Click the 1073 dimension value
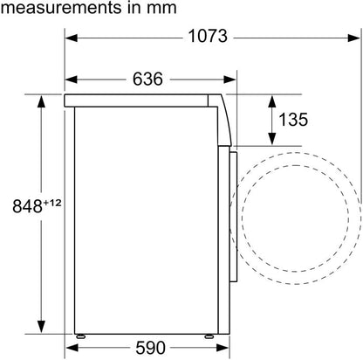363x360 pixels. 208,37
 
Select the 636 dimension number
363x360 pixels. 147,79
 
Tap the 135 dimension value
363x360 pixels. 293,119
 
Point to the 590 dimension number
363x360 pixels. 150,348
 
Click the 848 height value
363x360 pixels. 27,206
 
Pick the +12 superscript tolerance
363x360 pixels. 52,203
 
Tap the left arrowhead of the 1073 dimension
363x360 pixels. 72,38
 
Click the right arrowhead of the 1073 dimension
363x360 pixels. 354,38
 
